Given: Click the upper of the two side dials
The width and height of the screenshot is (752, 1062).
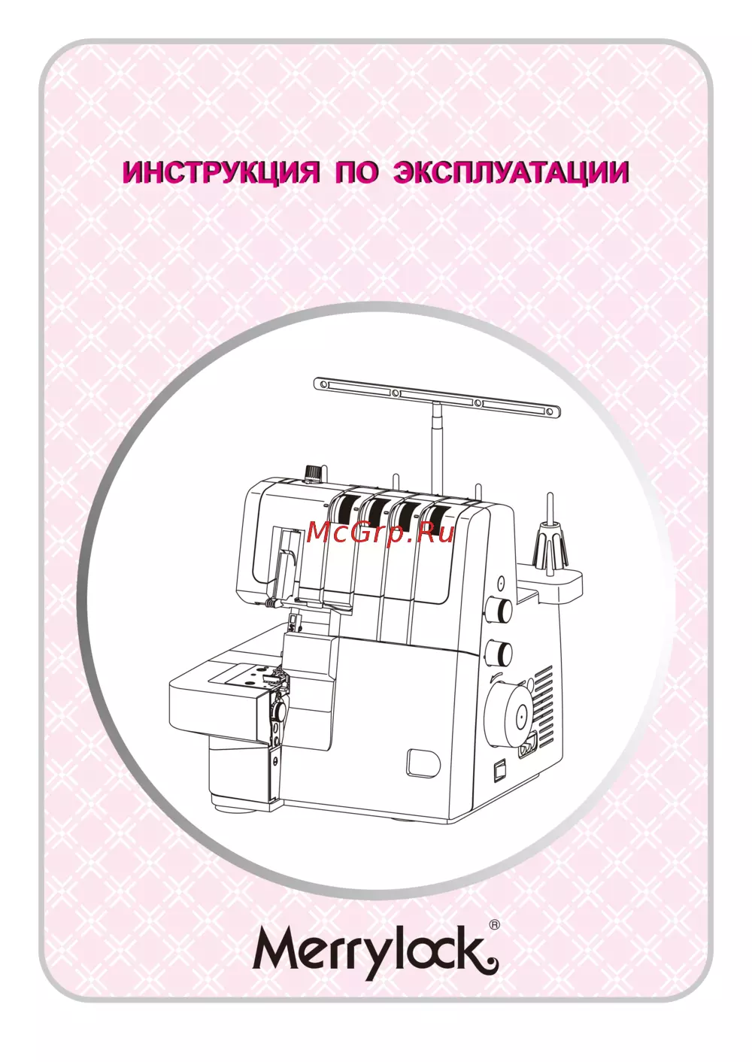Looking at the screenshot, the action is click(x=500, y=608).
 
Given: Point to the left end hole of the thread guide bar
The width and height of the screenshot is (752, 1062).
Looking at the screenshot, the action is click(x=322, y=383).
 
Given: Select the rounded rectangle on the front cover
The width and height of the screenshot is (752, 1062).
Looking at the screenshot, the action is click(x=422, y=764).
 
